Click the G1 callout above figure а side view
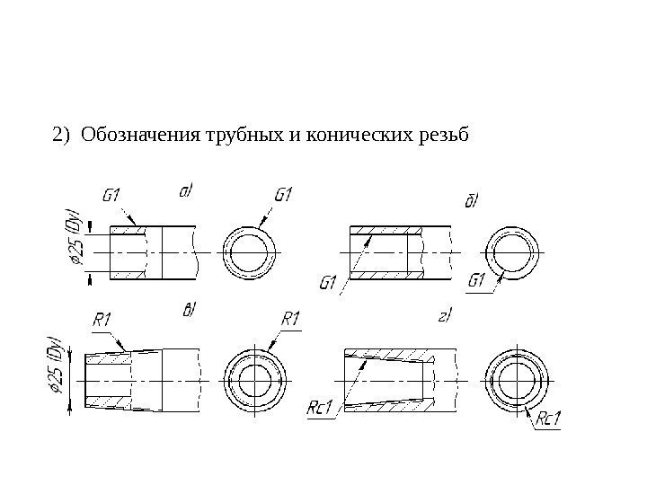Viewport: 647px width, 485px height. pos(112,194)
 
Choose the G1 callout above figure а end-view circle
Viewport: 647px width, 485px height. pos(284,194)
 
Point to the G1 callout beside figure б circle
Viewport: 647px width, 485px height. pos(477,281)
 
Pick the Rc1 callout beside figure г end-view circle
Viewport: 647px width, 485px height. pos(548,419)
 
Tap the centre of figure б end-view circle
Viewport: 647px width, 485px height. pos(512,251)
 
